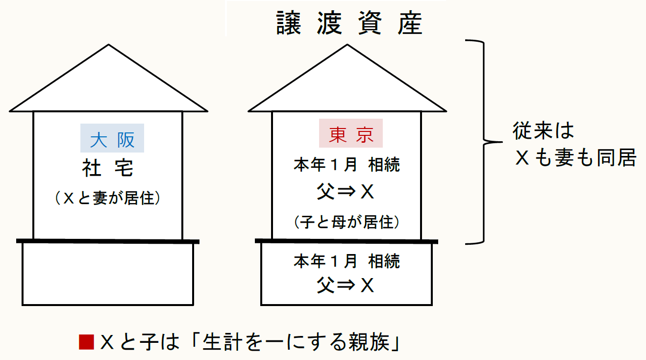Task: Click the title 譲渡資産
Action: click(x=349, y=24)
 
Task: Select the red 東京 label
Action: click(x=350, y=133)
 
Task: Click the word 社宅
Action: click(x=108, y=169)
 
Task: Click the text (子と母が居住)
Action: click(x=347, y=223)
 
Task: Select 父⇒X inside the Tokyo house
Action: click(x=346, y=193)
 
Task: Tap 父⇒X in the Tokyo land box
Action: click(x=346, y=284)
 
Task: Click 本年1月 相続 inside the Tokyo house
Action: click(x=347, y=165)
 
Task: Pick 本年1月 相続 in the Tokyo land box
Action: click(x=347, y=261)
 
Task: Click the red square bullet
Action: click(x=86, y=342)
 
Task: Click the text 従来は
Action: click(x=543, y=131)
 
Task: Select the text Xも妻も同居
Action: click(x=575, y=158)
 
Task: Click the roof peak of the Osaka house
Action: click(x=108, y=46)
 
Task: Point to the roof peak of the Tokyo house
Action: click(x=348, y=46)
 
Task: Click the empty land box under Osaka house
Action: click(x=108, y=274)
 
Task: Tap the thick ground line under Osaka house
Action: click(x=108, y=241)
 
